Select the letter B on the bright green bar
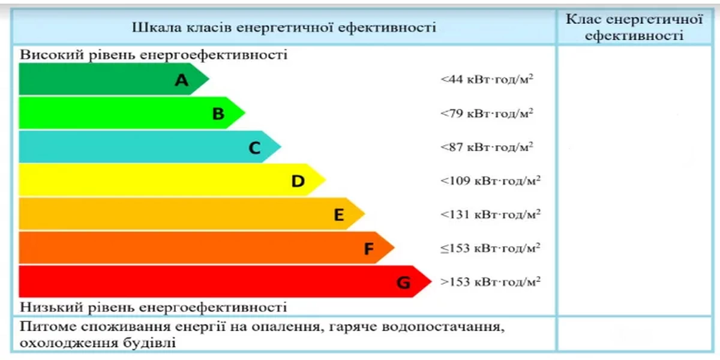[218, 113]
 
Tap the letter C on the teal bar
[254, 148]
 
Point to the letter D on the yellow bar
[298, 181]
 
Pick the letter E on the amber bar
[339, 214]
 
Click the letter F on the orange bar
[369, 248]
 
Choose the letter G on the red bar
[403, 282]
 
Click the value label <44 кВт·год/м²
[487, 79]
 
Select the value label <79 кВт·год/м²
[487, 113]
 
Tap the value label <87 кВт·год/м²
[487, 146]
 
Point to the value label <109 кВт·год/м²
[490, 180]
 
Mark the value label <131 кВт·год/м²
[490, 214]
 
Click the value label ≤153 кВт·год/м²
[490, 247]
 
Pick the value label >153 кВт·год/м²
[490, 281]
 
